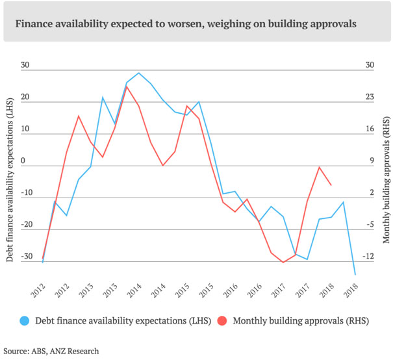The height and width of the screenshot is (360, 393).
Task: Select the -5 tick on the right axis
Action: [370, 224]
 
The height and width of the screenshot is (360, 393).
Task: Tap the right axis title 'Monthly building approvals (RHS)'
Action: [386, 181]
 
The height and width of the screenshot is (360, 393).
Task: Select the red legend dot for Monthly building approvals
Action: [222, 320]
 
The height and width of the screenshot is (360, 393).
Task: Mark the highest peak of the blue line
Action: [139, 73]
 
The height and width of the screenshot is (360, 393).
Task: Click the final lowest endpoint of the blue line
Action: [355, 275]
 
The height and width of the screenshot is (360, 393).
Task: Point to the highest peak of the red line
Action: [127, 86]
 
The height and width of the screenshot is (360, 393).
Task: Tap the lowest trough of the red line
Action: [283, 263]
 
